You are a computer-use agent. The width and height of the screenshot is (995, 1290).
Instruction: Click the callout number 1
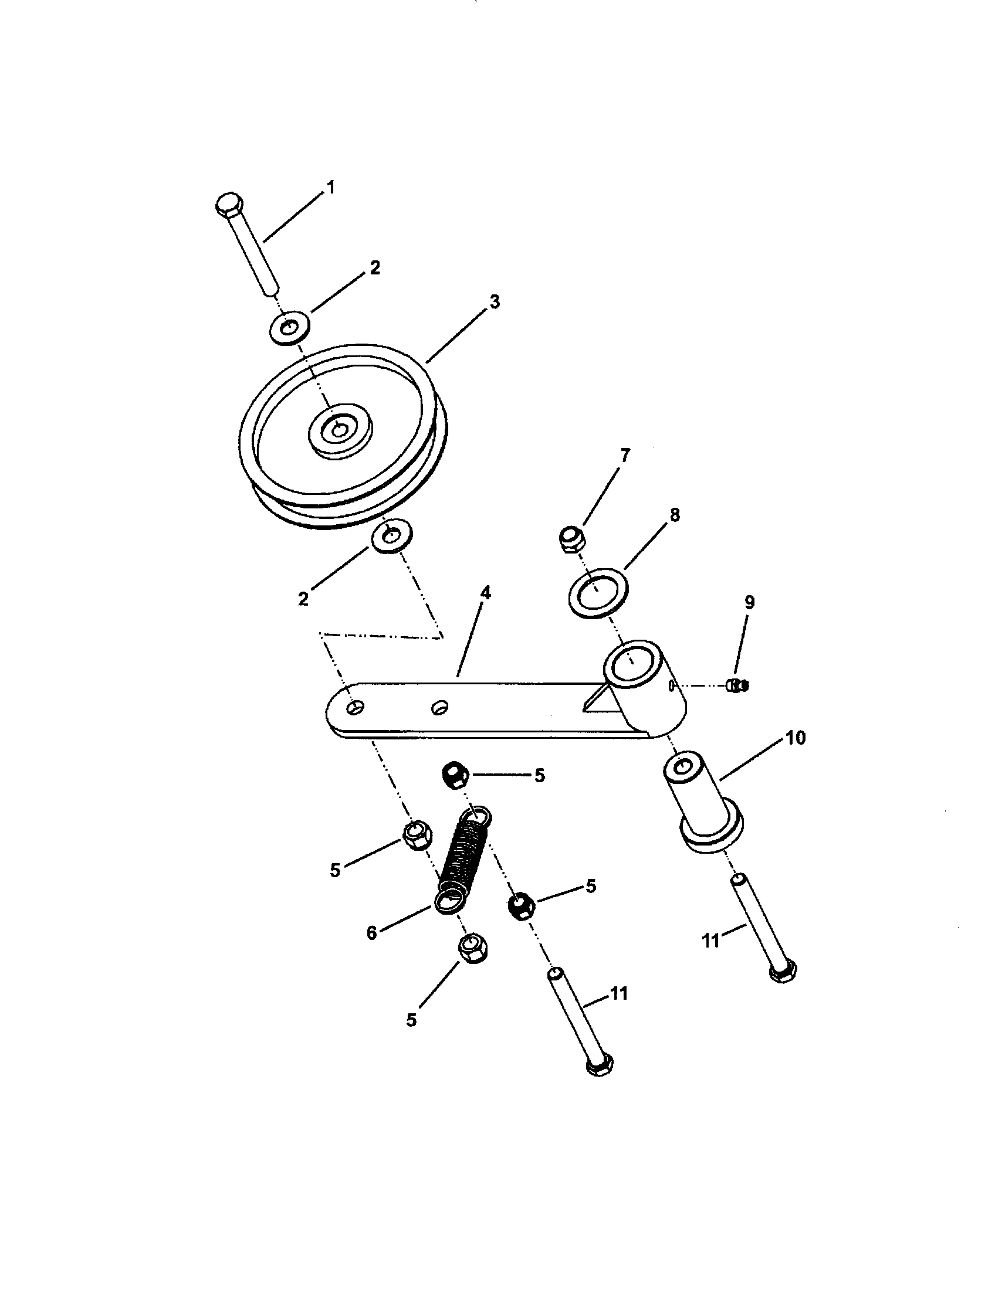(x=330, y=188)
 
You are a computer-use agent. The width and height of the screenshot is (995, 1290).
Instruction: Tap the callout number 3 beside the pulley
(x=495, y=302)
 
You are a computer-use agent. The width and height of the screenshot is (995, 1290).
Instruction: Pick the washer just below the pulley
(x=391, y=536)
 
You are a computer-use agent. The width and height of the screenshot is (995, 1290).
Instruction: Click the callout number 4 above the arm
(x=485, y=593)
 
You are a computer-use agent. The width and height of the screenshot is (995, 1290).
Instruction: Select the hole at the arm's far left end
(x=355, y=708)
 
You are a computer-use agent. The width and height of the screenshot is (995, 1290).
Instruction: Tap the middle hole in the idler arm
(x=439, y=707)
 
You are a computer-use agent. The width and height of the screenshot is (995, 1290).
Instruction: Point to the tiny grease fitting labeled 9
(x=736, y=686)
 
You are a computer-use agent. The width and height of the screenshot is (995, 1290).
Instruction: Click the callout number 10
(x=796, y=738)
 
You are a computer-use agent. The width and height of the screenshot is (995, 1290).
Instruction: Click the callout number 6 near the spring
(x=371, y=933)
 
